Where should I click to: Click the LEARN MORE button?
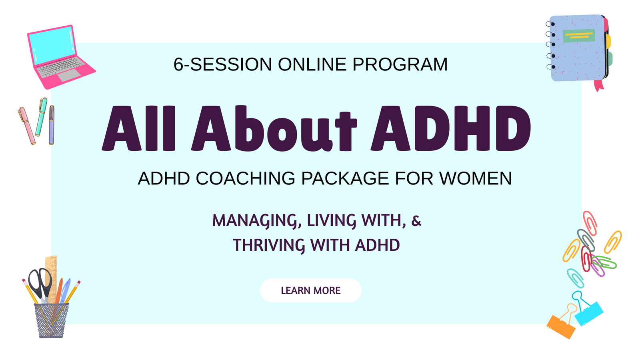pyautogui.click(x=310, y=290)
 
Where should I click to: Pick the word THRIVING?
pyautogui.click(x=269, y=245)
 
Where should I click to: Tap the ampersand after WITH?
pyautogui.click(x=416, y=221)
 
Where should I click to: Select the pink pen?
pyautogui.click(x=26, y=125)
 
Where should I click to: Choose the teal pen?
pyautogui.click(x=41, y=116)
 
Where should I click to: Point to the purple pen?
pyautogui.click(x=52, y=125)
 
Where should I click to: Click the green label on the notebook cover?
pyautogui.click(x=578, y=36)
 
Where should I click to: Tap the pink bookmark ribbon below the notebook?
pyautogui.click(x=599, y=85)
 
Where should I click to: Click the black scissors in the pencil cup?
pyautogui.click(x=40, y=283)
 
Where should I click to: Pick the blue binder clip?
pyautogui.click(x=589, y=312)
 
